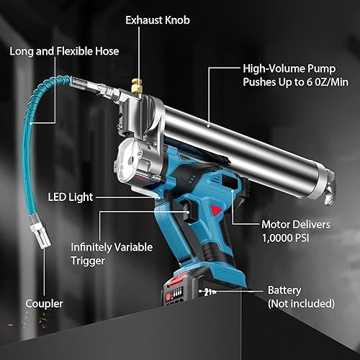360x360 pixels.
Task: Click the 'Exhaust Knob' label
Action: [x=158, y=20]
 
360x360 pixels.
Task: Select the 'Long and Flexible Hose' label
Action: [x=64, y=51]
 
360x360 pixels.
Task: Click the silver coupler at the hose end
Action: [x=41, y=235]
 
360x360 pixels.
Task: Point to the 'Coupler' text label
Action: [x=44, y=304]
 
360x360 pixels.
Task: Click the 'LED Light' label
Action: [x=71, y=197]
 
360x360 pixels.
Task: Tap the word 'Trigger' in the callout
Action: [x=88, y=261]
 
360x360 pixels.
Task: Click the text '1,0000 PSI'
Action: [x=285, y=238]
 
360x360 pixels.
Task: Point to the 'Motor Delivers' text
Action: [x=296, y=225]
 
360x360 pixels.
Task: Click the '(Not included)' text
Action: [x=301, y=304]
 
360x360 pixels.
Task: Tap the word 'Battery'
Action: [x=284, y=290]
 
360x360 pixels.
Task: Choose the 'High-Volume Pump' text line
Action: [x=289, y=68]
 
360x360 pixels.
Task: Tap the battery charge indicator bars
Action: [x=178, y=293]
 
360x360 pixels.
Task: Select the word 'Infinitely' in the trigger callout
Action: [x=91, y=248]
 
